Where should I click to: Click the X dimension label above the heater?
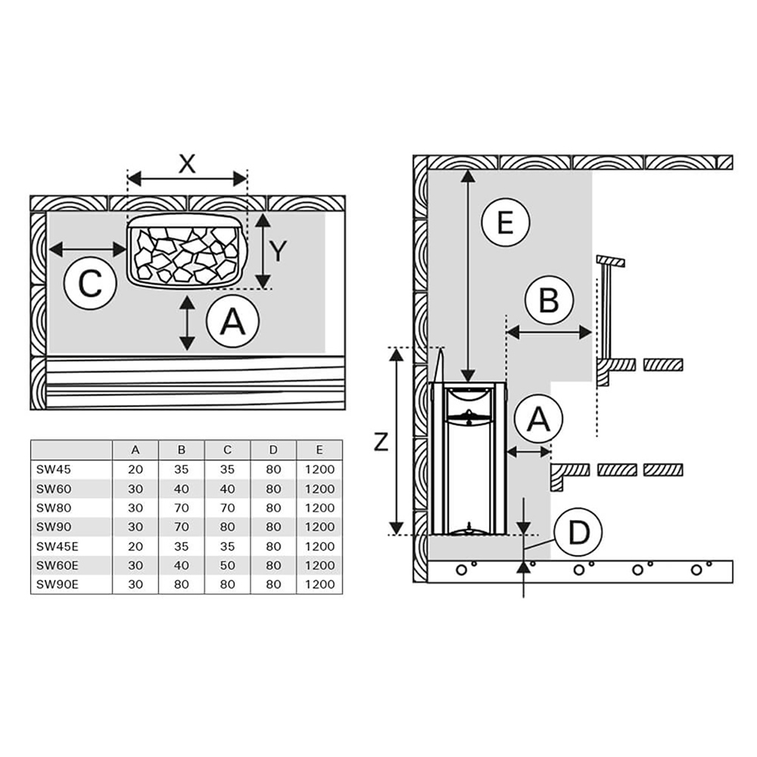(x=187, y=164)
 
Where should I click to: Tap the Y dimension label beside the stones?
(x=278, y=251)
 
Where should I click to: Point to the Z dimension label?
(x=381, y=441)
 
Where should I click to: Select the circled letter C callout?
(x=90, y=285)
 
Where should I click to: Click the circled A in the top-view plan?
(x=232, y=322)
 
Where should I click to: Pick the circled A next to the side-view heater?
(x=537, y=419)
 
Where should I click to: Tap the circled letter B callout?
(x=549, y=301)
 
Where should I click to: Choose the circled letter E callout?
(x=505, y=223)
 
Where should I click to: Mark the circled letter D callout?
(x=578, y=533)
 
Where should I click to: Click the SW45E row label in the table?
(x=56, y=546)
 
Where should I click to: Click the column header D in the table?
(x=273, y=450)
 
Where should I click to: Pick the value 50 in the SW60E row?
(x=228, y=565)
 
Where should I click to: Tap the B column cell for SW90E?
(x=182, y=584)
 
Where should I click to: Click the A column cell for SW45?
(x=136, y=469)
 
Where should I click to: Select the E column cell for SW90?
(x=319, y=527)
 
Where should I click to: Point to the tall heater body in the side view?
(x=468, y=458)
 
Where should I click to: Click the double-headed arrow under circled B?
(x=549, y=332)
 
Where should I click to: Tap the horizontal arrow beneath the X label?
(x=187, y=179)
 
